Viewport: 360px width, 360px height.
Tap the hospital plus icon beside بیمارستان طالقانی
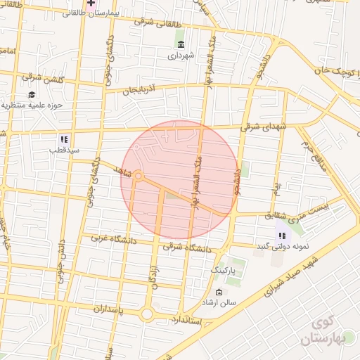91,3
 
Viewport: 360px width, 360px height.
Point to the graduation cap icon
31,95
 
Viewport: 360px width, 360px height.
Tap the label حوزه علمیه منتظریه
42,105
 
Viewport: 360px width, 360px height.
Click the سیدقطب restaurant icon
63,139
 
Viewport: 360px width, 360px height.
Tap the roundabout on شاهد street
139,176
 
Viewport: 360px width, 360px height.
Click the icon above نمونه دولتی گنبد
281,236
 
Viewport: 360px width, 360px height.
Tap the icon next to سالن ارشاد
219,292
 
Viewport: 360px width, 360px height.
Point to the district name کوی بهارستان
323,333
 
